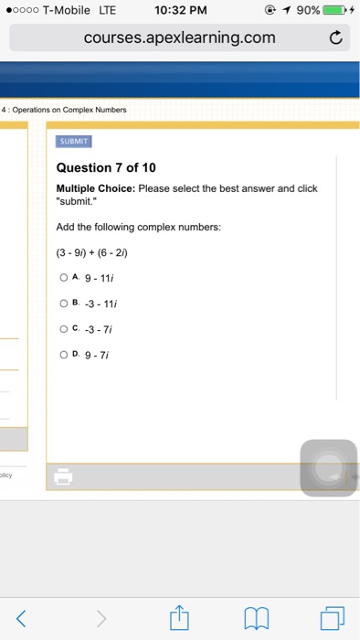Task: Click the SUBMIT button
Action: (74, 142)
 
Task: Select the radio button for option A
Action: (62, 277)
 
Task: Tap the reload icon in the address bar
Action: (335, 37)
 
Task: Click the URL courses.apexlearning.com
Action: (179, 37)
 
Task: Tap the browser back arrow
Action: (23, 619)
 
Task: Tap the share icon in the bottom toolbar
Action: (180, 618)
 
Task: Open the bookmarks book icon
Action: (257, 619)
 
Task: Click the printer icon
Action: (63, 476)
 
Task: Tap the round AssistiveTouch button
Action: (328, 468)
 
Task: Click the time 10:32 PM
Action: (181, 10)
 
